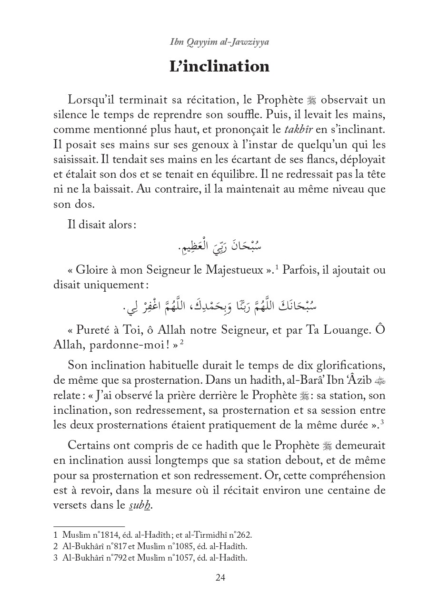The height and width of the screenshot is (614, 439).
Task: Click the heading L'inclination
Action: (219, 67)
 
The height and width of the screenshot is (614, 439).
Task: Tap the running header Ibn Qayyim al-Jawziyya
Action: (219, 42)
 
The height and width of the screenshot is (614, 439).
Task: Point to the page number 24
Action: (220, 578)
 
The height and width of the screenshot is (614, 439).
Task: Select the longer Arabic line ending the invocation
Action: (219, 307)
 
